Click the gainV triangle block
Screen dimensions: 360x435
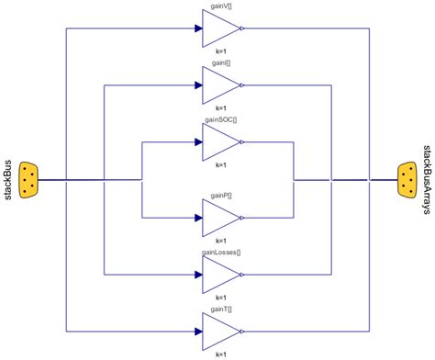tap(220, 28)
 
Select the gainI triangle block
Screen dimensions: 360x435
tap(220, 85)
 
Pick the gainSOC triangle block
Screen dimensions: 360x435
tap(220, 142)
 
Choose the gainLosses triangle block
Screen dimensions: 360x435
tap(220, 274)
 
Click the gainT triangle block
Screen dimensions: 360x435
tap(220, 331)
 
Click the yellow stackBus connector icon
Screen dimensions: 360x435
tap(28, 179)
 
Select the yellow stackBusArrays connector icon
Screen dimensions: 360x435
tap(408, 179)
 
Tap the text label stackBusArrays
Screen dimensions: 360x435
tap(428, 179)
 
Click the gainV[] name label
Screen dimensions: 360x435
tap(221, 6)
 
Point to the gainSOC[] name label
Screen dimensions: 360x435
tap(221, 119)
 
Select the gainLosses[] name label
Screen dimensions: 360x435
tap(221, 251)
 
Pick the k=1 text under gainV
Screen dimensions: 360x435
tap(220, 52)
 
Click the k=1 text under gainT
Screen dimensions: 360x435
tap(220, 354)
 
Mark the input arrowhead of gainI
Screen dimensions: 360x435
tap(197, 85)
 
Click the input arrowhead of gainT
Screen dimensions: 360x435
tap(197, 331)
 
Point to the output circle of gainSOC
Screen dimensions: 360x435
tap(241, 142)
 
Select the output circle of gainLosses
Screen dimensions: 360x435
tap(241, 274)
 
